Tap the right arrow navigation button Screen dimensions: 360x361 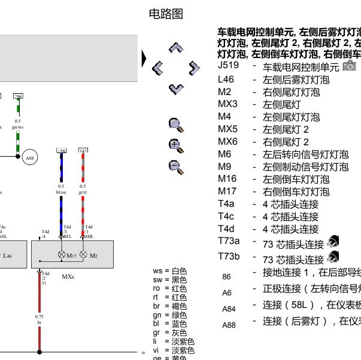193,68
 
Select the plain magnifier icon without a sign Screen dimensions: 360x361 175,124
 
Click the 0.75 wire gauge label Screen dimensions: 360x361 40,316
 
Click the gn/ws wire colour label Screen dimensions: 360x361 19,127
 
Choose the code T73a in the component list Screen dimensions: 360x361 229,240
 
